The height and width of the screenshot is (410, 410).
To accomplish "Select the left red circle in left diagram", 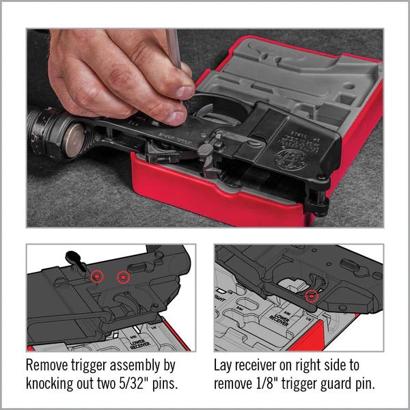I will coord(97,276).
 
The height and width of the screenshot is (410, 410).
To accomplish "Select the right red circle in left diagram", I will coord(123,277).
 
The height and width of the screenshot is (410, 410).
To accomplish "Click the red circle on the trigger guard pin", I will coord(312,296).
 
